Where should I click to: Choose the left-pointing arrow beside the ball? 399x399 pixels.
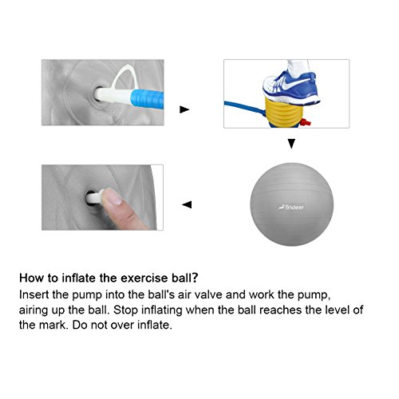(x=187, y=205)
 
